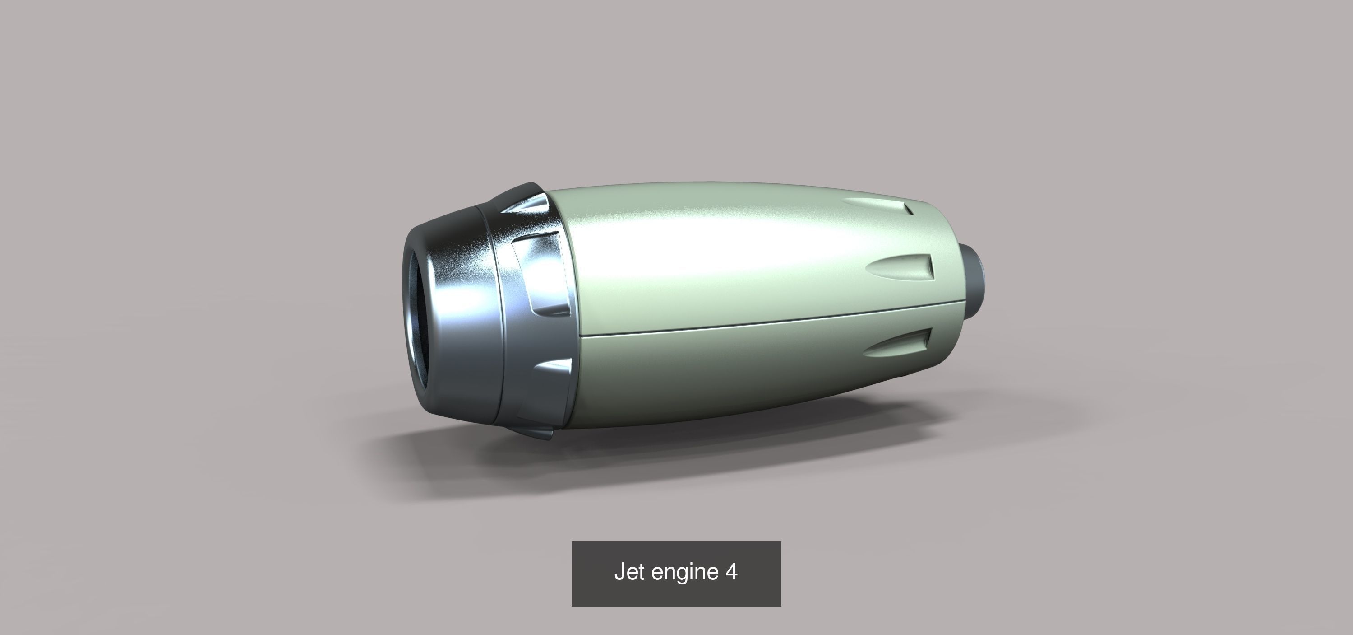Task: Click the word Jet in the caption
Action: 630,572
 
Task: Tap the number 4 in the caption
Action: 732,571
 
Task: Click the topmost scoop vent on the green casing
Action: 882,205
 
